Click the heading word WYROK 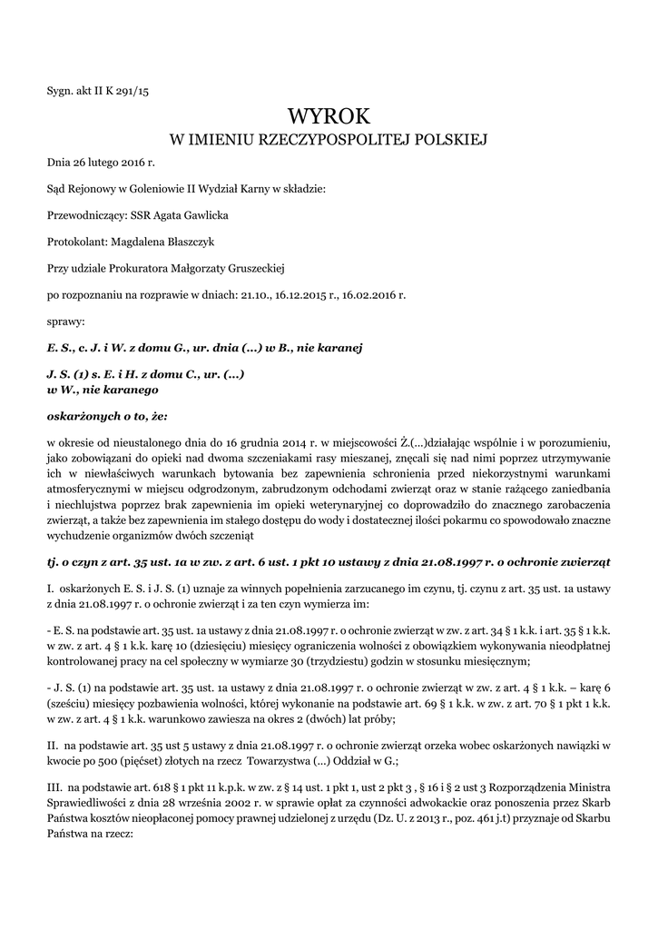coord(329,115)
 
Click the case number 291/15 coord(134,90)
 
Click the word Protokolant coord(75,242)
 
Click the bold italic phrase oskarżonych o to coord(99,416)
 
